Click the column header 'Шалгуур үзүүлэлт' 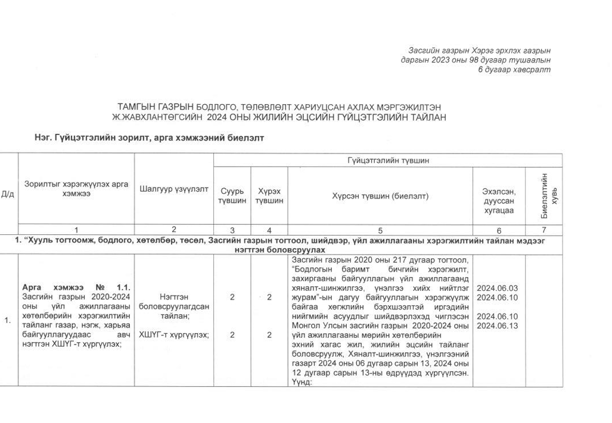pyautogui.click(x=173, y=189)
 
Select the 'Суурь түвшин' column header pyautogui.click(x=232, y=196)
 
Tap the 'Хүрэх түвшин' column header pyautogui.click(x=269, y=196)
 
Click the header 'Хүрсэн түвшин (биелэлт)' pyautogui.click(x=380, y=196)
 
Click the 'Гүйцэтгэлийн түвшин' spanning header pyautogui.click(x=388, y=161)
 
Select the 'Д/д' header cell pyautogui.click(x=8, y=194)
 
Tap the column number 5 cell pyautogui.click(x=380, y=230)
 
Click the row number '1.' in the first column pyautogui.click(x=8, y=321)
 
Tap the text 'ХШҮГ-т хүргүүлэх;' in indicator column pyautogui.click(x=173, y=335)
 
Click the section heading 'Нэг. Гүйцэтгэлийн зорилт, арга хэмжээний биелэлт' pyautogui.click(x=149, y=137)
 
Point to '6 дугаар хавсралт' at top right pyautogui.click(x=514, y=70)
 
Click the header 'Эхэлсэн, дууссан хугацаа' pyautogui.click(x=498, y=201)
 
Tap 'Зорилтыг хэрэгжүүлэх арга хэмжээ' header pyautogui.click(x=76, y=189)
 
